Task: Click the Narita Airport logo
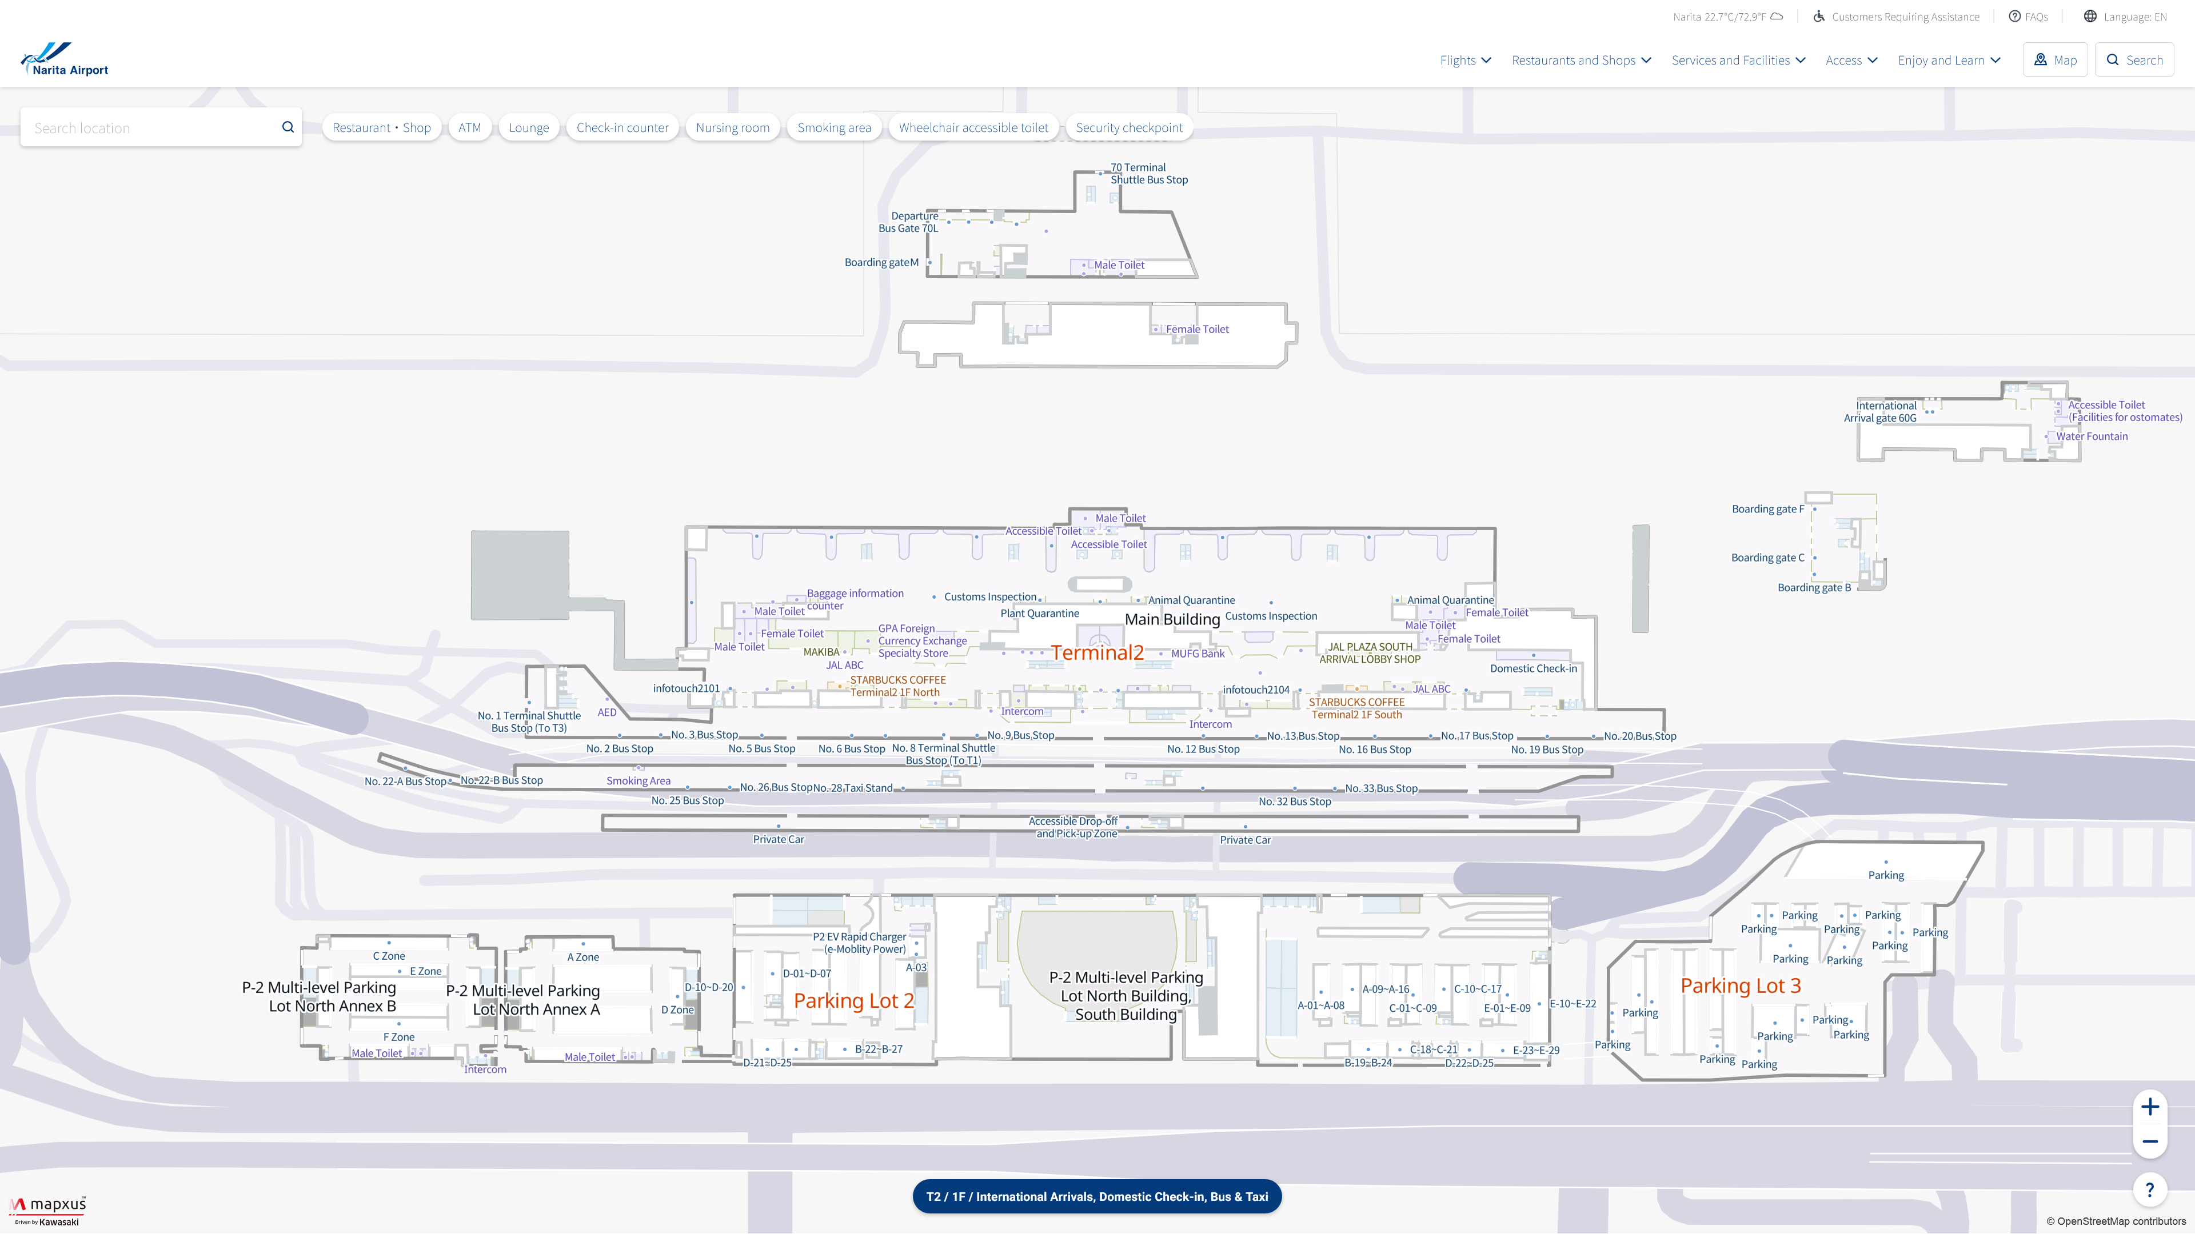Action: [65, 59]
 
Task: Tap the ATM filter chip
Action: [469, 128]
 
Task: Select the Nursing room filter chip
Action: [732, 128]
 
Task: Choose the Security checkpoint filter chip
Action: [1129, 128]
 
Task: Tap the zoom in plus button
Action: [2150, 1107]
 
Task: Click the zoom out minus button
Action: [2150, 1141]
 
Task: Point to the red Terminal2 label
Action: [1097, 653]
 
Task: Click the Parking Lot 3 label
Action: [1741, 986]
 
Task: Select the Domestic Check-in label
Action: [1533, 668]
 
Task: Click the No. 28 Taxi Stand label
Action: [853, 788]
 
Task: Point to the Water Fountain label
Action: [2092, 436]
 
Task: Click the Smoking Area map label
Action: [638, 781]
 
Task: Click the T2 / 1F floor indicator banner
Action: [1097, 1196]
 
